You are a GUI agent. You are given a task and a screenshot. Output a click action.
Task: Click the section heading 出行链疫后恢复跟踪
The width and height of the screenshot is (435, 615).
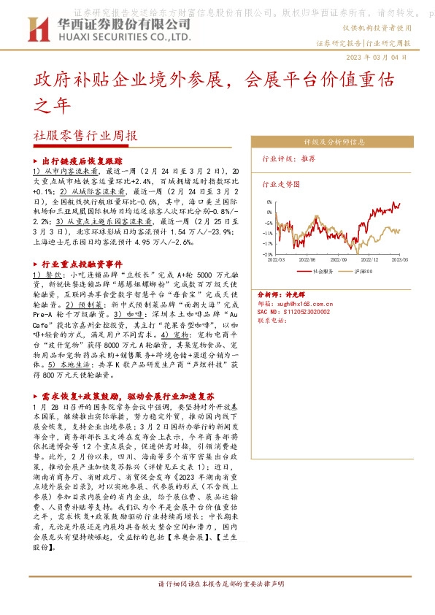coord(82,161)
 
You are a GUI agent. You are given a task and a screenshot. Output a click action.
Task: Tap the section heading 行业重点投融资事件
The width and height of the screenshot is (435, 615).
coord(82,263)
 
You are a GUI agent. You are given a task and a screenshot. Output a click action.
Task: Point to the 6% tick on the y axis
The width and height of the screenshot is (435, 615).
coord(269,202)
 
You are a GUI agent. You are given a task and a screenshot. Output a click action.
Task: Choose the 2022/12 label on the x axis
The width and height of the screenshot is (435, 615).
coord(370,259)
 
